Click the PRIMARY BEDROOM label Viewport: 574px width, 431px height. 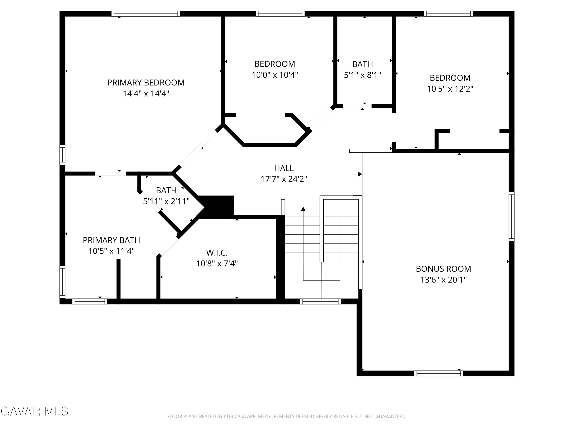pos(146,83)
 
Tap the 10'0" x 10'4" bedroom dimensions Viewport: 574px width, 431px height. pos(275,75)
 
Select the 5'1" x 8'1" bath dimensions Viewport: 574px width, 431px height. pos(363,75)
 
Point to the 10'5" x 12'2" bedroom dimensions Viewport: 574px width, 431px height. pos(450,89)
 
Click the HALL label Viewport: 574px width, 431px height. pos(284,168)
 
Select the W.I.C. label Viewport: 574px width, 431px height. pos(217,252)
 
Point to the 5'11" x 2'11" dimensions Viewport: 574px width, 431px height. pos(166,201)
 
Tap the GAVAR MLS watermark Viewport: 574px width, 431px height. pos(35,411)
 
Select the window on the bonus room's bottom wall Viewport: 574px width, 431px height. pos(439,373)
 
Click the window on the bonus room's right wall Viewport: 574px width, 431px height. pos(511,217)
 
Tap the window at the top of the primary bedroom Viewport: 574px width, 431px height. pos(146,14)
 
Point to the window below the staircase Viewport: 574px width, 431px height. pos(320,301)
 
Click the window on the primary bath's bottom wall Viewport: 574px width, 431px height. pos(90,301)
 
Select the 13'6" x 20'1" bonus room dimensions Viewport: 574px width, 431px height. pos(444,280)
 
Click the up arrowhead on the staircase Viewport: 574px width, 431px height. pos(303,209)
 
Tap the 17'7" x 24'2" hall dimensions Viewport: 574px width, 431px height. pos(284,179)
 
